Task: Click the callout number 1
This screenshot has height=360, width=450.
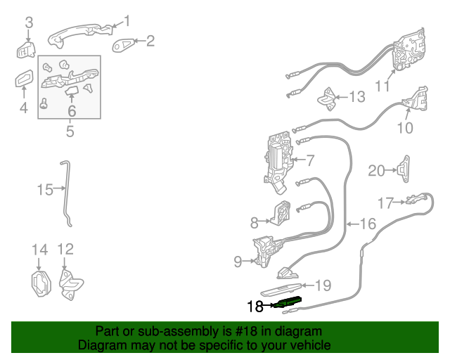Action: (127, 20)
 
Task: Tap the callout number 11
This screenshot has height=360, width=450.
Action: (382, 86)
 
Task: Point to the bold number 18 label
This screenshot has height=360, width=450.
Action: (255, 306)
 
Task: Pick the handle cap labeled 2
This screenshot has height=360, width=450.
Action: (126, 44)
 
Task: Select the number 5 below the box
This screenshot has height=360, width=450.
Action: (70, 130)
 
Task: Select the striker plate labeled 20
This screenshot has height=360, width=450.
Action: (404, 169)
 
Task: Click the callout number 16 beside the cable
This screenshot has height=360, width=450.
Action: (368, 224)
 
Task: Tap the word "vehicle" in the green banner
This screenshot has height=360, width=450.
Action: (305, 346)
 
